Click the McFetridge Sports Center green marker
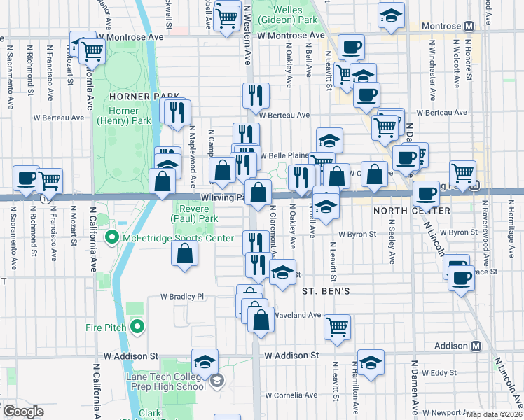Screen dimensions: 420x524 coord(111,238)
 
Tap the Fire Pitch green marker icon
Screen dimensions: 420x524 coord(137,327)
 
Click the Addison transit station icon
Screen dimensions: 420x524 coord(476,346)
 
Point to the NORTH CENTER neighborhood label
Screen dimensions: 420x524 coord(411,211)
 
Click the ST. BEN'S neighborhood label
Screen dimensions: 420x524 coord(326,290)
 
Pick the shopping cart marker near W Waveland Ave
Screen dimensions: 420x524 coord(338,325)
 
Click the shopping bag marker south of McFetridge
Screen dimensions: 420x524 coord(184,254)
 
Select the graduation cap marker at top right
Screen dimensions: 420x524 coord(392,15)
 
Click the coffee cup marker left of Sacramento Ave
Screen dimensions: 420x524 coord(26,178)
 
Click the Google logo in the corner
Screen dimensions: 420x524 coord(22,412)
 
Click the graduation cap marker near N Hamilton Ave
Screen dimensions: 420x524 coord(371,362)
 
